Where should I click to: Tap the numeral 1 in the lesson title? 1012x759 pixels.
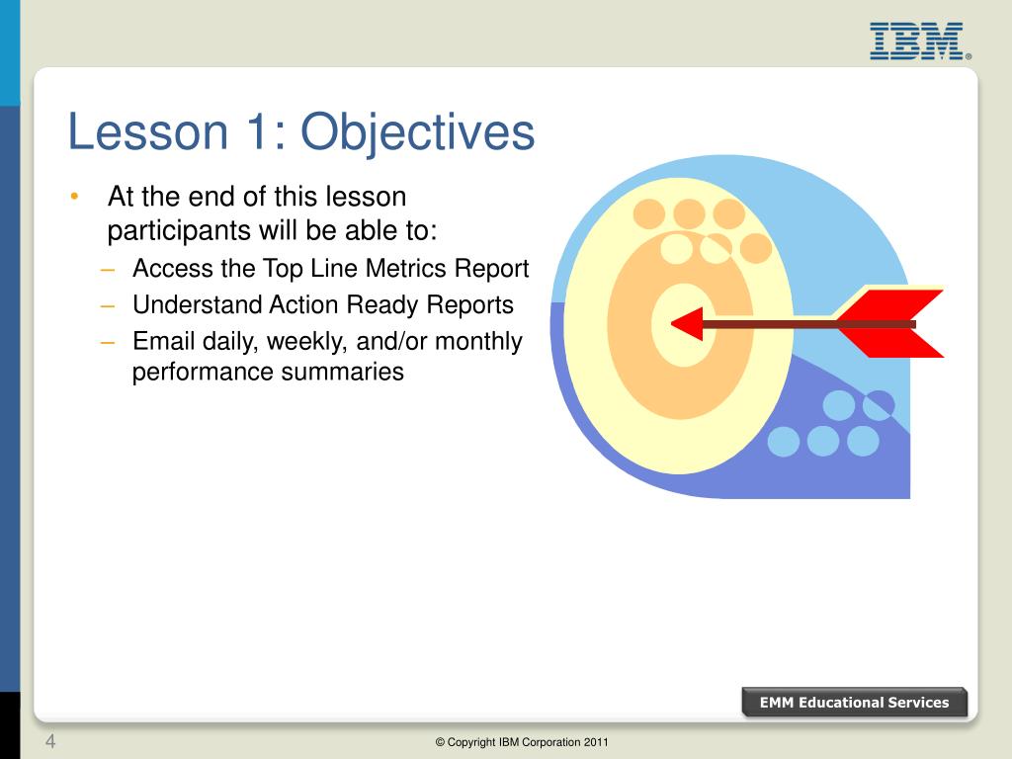(x=257, y=131)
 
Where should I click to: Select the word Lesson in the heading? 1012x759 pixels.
(x=148, y=131)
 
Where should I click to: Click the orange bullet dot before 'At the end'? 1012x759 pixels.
(x=75, y=196)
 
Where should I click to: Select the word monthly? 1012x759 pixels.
(x=478, y=342)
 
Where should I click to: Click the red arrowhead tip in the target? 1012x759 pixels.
(x=672, y=324)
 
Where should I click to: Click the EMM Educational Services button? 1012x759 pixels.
(x=855, y=703)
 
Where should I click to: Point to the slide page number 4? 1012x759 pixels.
(x=50, y=741)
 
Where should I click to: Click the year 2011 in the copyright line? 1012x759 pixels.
(x=596, y=742)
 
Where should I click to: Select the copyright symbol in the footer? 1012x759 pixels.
(x=440, y=742)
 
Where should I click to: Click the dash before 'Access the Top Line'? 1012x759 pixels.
(x=107, y=269)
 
